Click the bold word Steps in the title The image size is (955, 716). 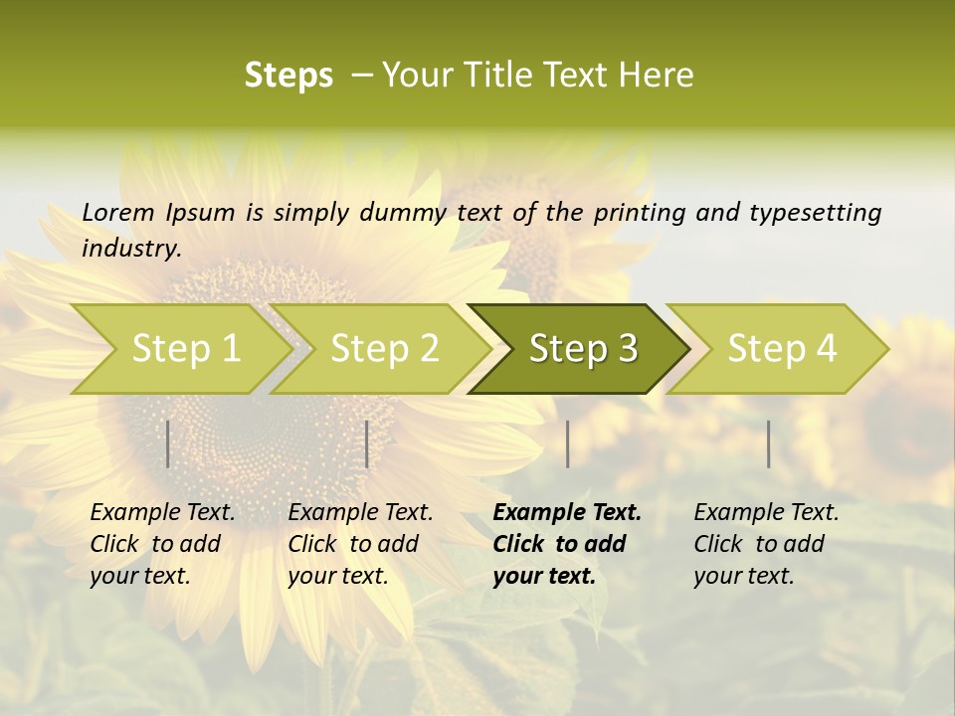(288, 76)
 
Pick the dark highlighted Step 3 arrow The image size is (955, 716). (583, 348)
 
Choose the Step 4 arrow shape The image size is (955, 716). (782, 348)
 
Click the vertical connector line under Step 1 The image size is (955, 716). (168, 444)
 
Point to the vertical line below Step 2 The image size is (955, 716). (367, 444)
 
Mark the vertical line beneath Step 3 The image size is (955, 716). (567, 444)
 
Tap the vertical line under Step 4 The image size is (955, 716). (768, 444)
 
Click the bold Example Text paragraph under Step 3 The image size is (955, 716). (565, 544)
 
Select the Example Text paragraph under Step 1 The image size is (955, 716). (161, 544)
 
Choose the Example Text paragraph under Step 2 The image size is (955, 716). (359, 544)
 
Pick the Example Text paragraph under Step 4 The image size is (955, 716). (765, 544)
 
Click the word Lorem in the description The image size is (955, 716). (118, 212)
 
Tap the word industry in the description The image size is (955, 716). (130, 248)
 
